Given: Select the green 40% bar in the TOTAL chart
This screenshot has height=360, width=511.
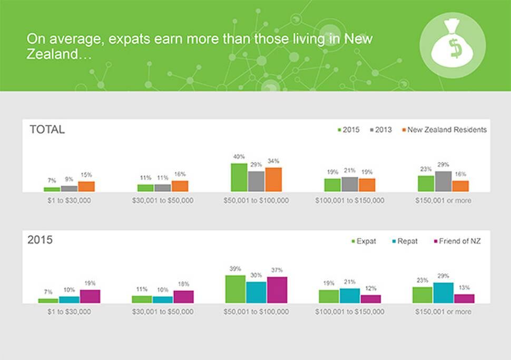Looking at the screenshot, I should pyautogui.click(x=239, y=177).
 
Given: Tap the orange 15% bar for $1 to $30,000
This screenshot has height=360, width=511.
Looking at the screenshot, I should pyautogui.click(x=86, y=186).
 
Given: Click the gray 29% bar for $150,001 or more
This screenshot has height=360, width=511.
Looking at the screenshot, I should pyautogui.click(x=443, y=181).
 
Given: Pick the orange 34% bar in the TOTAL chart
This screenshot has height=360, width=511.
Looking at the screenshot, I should pyautogui.click(x=273, y=179).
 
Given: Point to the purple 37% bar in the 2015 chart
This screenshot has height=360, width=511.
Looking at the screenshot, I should pyautogui.click(x=277, y=289).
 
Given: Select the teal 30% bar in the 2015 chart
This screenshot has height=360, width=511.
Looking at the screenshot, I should pyautogui.click(x=256, y=292).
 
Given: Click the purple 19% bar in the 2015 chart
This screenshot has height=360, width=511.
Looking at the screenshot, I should pyautogui.click(x=90, y=296).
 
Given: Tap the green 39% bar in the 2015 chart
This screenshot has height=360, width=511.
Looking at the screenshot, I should pyautogui.click(x=235, y=289).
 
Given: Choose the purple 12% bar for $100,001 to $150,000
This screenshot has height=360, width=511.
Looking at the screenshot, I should pyautogui.click(x=370, y=298).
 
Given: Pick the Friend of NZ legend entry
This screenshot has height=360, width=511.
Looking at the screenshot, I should pyautogui.click(x=456, y=241).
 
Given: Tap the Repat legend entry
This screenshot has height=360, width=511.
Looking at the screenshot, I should pyautogui.click(x=404, y=241).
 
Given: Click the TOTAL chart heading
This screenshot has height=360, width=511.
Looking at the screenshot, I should pyautogui.click(x=47, y=129).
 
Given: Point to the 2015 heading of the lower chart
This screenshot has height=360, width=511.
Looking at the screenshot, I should pyautogui.click(x=40, y=241).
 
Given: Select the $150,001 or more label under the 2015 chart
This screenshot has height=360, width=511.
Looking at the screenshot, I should pyautogui.click(x=443, y=312).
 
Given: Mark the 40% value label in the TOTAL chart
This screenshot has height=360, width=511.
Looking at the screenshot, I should pyautogui.click(x=239, y=157).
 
